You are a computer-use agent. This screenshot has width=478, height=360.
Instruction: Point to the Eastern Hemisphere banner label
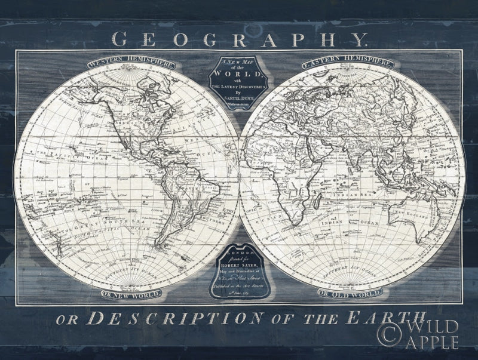point(348,63)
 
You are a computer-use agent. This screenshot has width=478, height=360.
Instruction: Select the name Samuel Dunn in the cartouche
point(239,98)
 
